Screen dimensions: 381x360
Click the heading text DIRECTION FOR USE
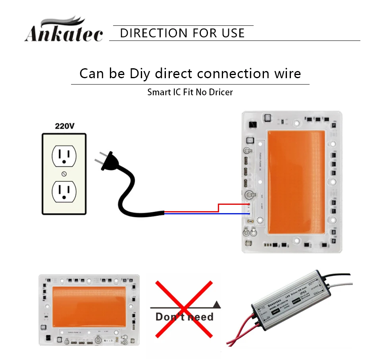coord(182,33)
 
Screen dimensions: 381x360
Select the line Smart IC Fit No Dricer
coord(190,92)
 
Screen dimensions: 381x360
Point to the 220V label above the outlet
coord(64,126)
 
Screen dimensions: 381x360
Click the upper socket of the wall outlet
coord(64,156)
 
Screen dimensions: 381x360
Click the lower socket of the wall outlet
coord(64,191)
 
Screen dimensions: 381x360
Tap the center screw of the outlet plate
coord(64,173)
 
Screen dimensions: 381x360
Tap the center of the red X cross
coord(183,309)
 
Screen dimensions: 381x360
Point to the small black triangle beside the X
coord(216,304)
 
